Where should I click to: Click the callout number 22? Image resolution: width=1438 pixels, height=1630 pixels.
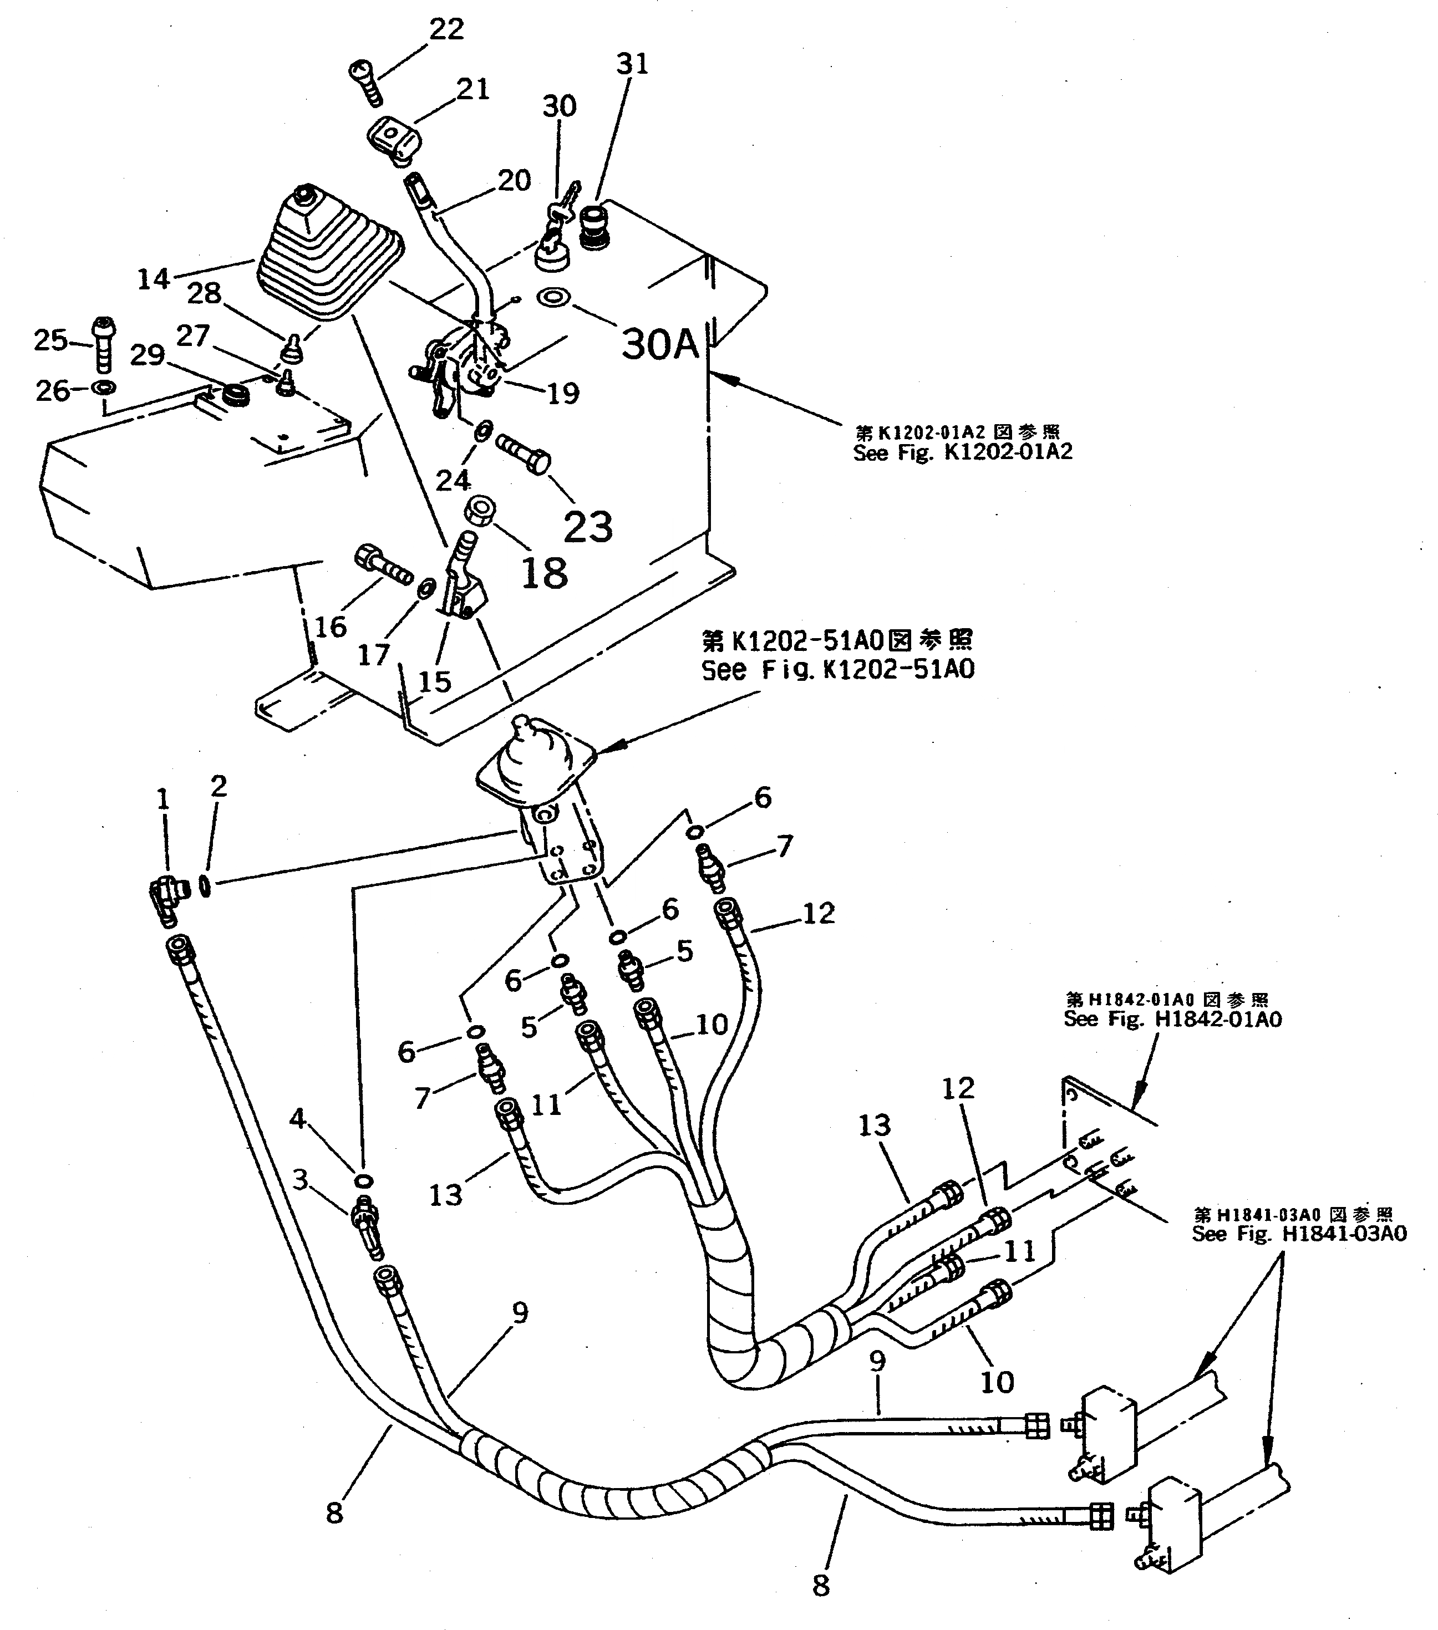click(446, 29)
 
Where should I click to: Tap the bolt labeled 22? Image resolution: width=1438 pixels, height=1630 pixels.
click(366, 82)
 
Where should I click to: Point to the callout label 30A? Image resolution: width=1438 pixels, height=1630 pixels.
click(659, 344)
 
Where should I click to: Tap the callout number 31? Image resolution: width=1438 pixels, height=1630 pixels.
click(632, 63)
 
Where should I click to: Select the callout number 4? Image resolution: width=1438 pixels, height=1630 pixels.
click(297, 1118)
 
